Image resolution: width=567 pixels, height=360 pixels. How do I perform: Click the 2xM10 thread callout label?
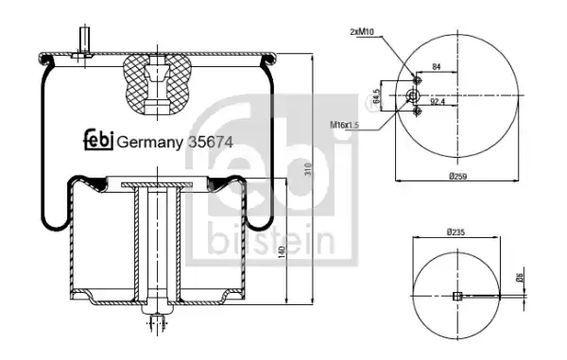coord(361,32)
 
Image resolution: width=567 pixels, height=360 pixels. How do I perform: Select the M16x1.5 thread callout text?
coord(344,125)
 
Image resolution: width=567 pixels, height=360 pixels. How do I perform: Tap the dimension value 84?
coord(437,66)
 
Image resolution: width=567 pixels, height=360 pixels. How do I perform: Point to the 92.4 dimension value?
coord(438,102)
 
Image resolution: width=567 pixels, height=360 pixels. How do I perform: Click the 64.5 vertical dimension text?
coord(377,96)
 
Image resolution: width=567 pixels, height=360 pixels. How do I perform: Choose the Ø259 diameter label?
coord(457,177)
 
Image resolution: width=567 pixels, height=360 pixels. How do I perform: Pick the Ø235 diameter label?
coord(455,232)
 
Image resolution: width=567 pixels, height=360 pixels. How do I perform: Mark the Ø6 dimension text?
coord(520,278)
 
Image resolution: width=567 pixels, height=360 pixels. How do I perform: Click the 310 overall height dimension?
coord(308,169)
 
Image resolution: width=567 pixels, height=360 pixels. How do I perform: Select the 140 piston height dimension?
coord(283,252)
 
